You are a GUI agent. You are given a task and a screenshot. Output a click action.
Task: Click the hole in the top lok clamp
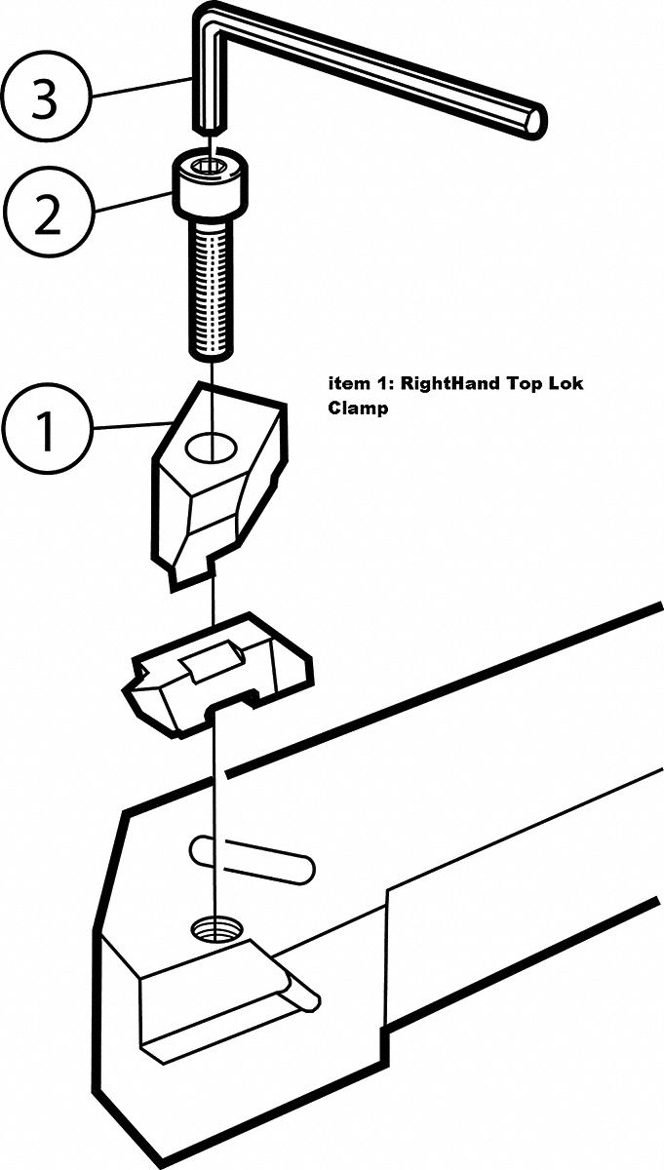click(212, 448)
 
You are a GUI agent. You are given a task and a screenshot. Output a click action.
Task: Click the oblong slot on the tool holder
click(251, 858)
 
